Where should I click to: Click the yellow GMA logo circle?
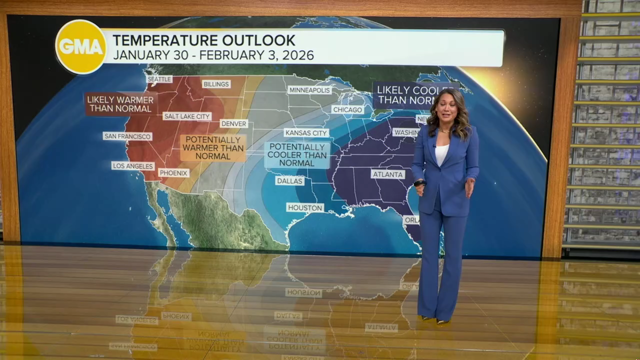[x=80, y=46]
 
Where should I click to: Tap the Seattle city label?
[x=159, y=79]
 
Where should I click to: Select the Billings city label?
[x=216, y=84]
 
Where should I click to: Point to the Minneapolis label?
[x=309, y=90]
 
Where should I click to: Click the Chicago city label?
[x=347, y=109]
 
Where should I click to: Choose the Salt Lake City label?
[x=187, y=116]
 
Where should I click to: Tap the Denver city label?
[x=233, y=123]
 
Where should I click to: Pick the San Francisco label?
[x=127, y=136]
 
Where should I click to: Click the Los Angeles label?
[x=133, y=165]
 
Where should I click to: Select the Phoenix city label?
[x=173, y=173]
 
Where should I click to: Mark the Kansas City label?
[x=306, y=132]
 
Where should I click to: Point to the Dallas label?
[x=289, y=180]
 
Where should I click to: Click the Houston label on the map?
[x=305, y=207]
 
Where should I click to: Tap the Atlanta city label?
[x=388, y=174]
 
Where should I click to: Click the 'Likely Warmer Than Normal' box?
[x=120, y=103]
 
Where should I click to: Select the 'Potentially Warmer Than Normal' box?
[x=213, y=147]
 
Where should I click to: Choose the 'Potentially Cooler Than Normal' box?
[x=297, y=154]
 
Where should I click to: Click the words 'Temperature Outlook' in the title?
[x=204, y=40]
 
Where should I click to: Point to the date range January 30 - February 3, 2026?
[x=213, y=55]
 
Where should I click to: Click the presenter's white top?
[x=441, y=153]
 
